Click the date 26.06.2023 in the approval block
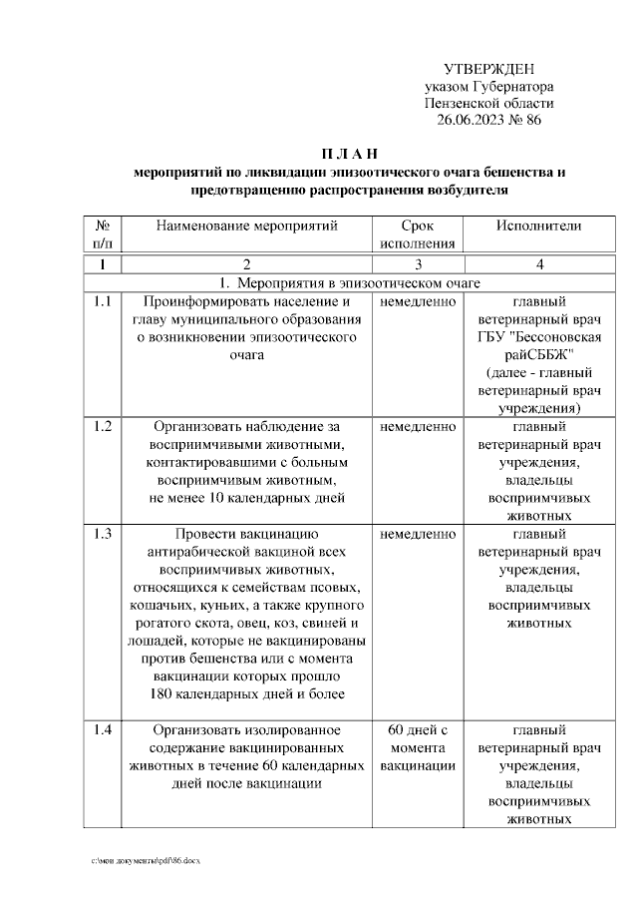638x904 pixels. coord(472,120)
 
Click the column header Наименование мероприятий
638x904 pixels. coord(247,226)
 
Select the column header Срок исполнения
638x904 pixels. coord(418,234)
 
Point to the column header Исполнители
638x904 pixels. coord(539,226)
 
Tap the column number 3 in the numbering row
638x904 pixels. coord(418,264)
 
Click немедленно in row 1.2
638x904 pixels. coord(418,427)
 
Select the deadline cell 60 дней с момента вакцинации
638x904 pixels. coord(418,747)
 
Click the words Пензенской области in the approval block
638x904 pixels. coord(488,103)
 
